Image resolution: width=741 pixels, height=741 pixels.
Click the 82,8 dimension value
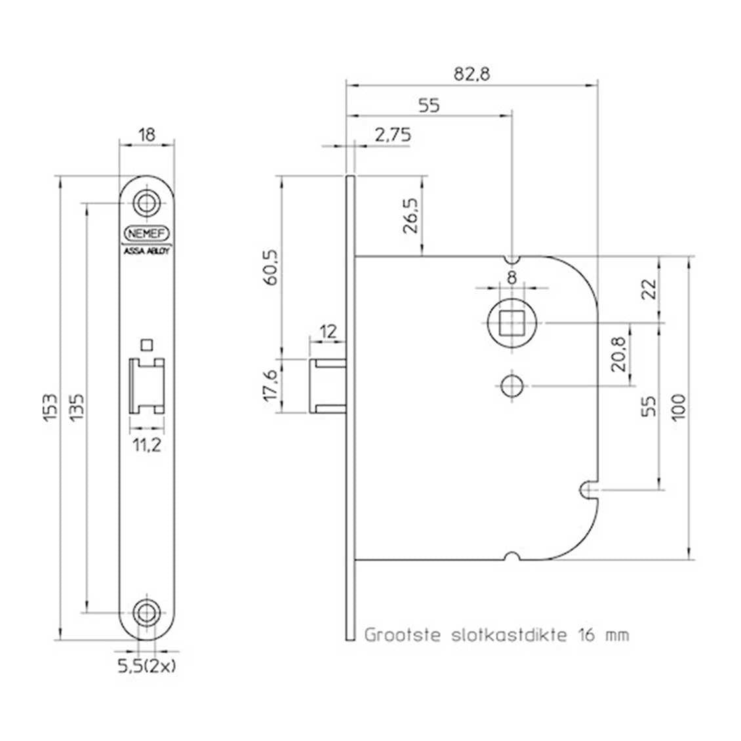pos(471,74)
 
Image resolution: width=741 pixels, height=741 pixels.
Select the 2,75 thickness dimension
pos(393,135)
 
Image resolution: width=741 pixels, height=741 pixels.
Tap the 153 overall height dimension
pos(50,407)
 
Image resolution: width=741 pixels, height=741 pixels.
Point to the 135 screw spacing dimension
pos(77,407)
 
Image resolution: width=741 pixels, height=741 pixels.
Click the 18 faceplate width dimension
pos(147,134)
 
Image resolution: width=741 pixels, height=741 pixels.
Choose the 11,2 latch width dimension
pos(146,445)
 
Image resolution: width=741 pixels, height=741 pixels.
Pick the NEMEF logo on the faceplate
pos(146,233)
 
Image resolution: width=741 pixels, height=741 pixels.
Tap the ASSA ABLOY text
pos(146,251)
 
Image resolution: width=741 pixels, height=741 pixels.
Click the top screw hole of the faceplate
pos(146,204)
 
